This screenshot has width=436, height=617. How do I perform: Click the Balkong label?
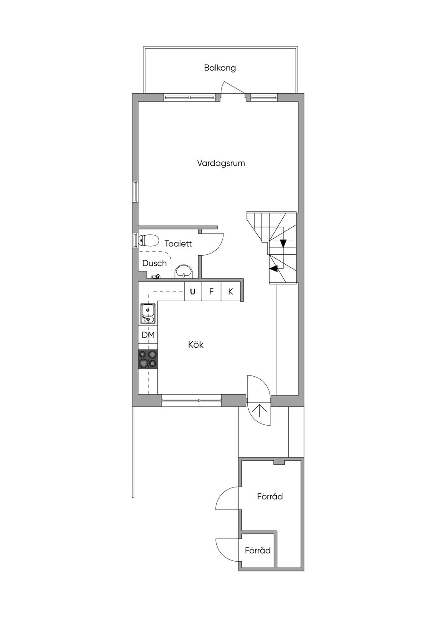(220, 68)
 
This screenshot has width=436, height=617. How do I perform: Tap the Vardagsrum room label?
(221, 163)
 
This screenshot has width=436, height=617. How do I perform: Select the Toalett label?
(178, 243)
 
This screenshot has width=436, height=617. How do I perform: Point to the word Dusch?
(155, 263)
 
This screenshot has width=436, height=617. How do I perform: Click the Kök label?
(196, 345)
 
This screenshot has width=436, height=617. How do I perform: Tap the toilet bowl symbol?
(149, 241)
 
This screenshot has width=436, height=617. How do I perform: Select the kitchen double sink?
(148, 314)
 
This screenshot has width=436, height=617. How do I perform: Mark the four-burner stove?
(148, 359)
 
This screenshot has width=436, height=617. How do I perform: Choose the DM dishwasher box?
(148, 335)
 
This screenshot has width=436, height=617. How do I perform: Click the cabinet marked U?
(193, 291)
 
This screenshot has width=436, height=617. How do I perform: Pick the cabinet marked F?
(211, 291)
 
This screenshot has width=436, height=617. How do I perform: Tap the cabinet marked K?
(231, 291)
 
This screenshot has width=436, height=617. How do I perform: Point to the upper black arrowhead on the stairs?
(283, 243)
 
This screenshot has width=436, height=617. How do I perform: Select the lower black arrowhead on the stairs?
(273, 268)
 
